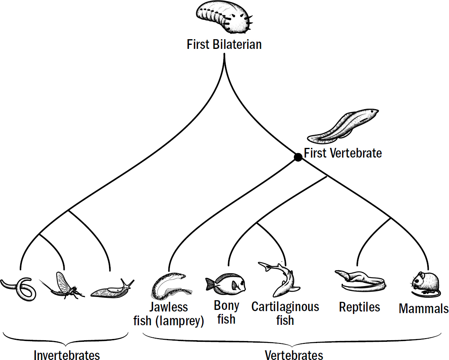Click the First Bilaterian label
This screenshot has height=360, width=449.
click(x=224, y=44)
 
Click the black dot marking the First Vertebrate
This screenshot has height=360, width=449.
click(x=298, y=157)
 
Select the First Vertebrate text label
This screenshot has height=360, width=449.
click(x=343, y=154)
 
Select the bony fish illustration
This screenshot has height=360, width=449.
click(x=226, y=283)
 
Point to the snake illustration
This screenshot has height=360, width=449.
click(x=360, y=281)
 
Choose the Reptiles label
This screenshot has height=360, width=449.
click(x=359, y=307)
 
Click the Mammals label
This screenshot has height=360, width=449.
click(x=424, y=309)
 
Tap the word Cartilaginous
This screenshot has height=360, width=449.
click(x=285, y=307)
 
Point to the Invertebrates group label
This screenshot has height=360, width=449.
click(x=67, y=355)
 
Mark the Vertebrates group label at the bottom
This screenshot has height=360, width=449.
click(x=294, y=355)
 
